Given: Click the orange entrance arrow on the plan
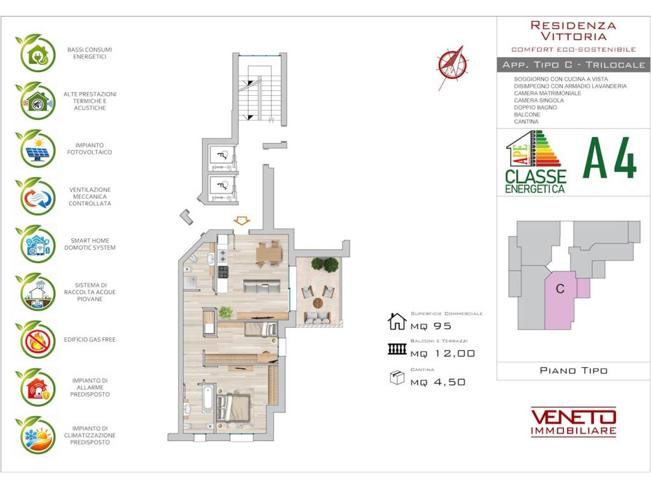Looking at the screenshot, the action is tap(241, 220).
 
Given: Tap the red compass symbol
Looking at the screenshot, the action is tap(452, 66).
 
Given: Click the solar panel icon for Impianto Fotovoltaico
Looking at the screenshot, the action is tap(36, 149).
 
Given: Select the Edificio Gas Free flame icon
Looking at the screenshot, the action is tap(36, 340).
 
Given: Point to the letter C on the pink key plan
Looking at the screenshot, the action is tap(560, 288).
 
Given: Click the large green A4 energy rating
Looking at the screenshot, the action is tap(610, 158).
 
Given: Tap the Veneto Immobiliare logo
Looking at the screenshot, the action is tap(573, 421).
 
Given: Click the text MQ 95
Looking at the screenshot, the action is tap(431, 326).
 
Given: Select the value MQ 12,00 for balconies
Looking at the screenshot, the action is tap(442, 353).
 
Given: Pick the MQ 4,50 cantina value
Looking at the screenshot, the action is tap(438, 382).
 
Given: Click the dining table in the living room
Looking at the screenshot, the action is tap(269, 253).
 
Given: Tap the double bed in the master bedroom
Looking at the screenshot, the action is tap(233, 408).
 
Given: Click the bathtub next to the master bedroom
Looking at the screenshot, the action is tap(208, 398).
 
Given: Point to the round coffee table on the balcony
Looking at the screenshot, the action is tap(318, 303).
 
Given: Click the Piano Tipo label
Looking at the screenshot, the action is tap(573, 370).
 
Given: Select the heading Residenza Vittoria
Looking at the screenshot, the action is tap(573, 30).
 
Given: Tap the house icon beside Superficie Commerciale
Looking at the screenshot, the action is tap(397, 321).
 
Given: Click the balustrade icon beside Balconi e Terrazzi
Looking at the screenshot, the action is tap(397, 349).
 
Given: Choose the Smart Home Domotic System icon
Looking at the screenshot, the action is tap(36, 245).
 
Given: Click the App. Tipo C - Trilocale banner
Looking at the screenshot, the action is tap(573, 65).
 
